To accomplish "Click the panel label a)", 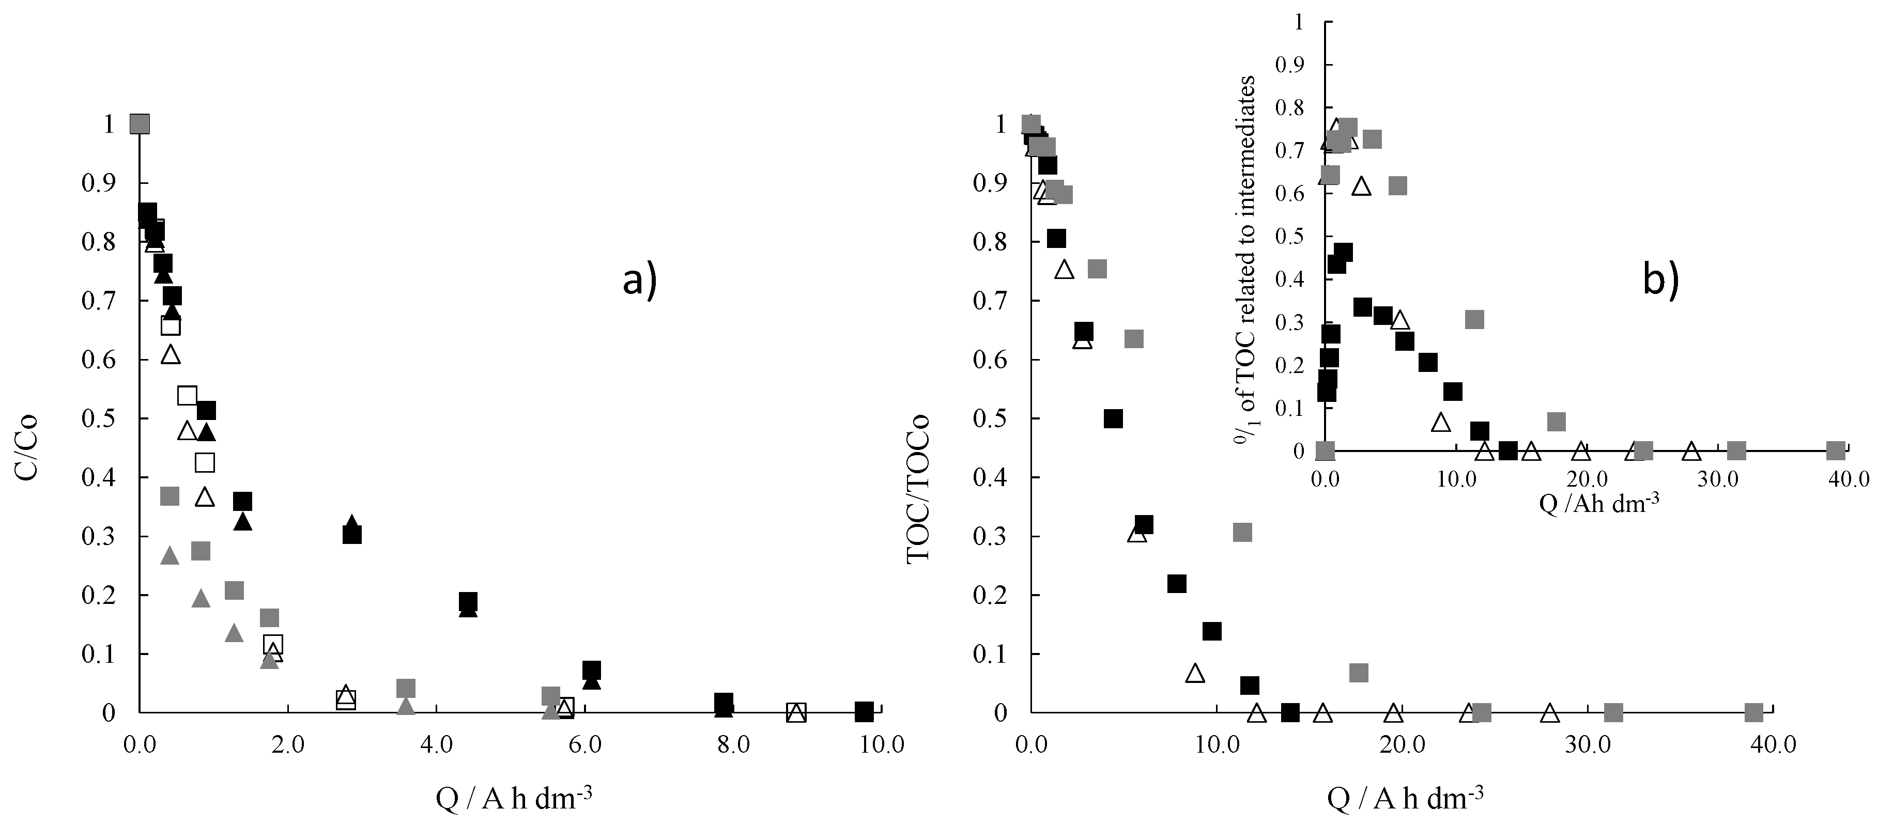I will click(x=639, y=280).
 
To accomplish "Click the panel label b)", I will click(x=1661, y=280).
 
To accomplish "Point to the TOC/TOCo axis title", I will click(x=918, y=489).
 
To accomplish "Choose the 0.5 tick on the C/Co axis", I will click(x=98, y=418).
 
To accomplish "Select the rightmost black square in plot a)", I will click(x=864, y=711).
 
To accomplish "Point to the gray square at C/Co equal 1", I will click(x=139, y=124).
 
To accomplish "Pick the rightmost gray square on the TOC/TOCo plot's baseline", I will click(x=1754, y=712).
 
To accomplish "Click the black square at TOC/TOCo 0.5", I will click(x=1113, y=418).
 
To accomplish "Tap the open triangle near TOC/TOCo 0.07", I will click(x=1195, y=673).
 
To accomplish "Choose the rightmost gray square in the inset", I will click(x=1836, y=450).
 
